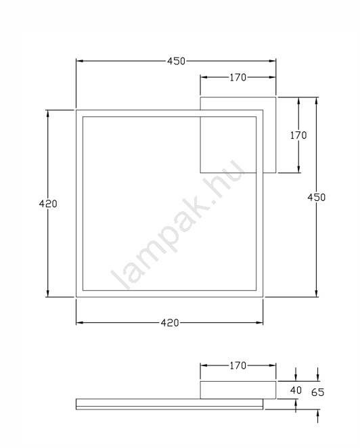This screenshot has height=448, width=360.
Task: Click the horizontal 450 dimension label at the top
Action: point(177,61)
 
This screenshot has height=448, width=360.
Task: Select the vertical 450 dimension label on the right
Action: point(316,198)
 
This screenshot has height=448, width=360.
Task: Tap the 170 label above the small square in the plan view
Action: point(238,77)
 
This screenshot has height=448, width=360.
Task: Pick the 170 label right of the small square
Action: point(298,135)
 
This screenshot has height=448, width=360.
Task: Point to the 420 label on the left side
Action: point(48,204)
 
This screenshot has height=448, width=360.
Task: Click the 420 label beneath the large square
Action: point(170,323)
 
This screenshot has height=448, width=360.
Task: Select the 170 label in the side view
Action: point(238,365)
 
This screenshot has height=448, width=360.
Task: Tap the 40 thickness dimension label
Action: point(296,390)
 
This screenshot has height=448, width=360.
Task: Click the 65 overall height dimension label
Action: point(318,393)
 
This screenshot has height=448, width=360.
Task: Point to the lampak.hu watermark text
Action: point(178,225)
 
